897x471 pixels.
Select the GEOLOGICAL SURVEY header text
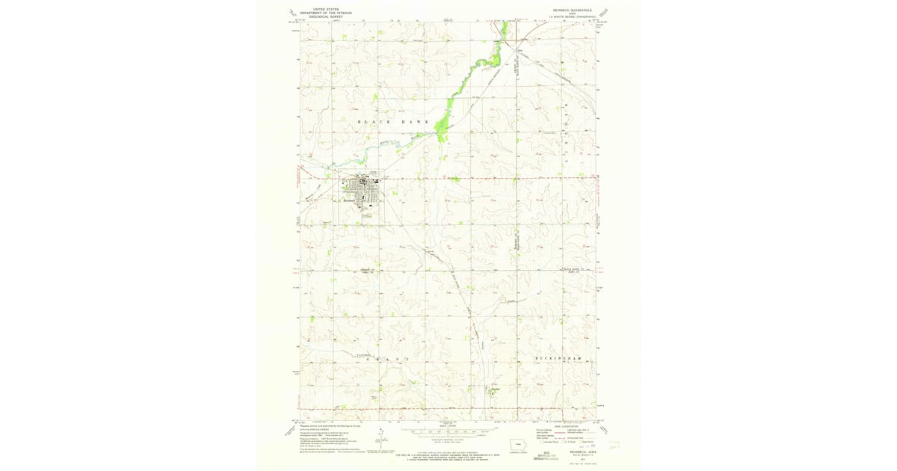pyautogui.click(x=321, y=16)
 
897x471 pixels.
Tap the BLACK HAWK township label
pyautogui.click(x=392, y=121)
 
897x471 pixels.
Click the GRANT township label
pyautogui.click(x=387, y=359)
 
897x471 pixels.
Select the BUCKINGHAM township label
pyautogui.click(x=558, y=359)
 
